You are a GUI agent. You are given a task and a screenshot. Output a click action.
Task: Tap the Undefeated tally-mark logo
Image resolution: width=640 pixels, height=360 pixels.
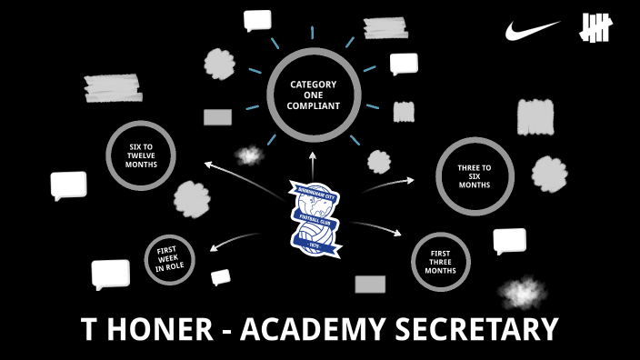tap(598, 30)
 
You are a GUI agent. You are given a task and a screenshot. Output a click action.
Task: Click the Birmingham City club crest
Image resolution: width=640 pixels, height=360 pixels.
tap(315, 215)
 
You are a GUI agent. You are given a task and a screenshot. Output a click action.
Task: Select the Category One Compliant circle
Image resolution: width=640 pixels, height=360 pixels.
tap(315, 95)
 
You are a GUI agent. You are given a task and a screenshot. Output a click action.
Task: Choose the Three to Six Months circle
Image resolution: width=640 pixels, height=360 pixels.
tap(474, 175)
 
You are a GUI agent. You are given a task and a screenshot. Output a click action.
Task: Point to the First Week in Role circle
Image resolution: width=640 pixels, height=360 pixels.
tap(169, 259)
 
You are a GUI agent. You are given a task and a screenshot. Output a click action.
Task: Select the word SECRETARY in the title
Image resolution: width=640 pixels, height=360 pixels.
tap(485, 329)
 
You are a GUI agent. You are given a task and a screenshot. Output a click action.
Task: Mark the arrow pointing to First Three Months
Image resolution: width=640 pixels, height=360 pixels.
tap(376, 226)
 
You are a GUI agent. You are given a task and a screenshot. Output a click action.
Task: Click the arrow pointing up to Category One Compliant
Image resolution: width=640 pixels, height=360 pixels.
tap(313, 165)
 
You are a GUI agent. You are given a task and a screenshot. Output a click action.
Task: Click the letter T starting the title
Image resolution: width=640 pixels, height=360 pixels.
tap(89, 329)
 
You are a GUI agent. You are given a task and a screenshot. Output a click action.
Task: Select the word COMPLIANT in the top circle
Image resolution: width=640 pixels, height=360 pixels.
tap(315, 106)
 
